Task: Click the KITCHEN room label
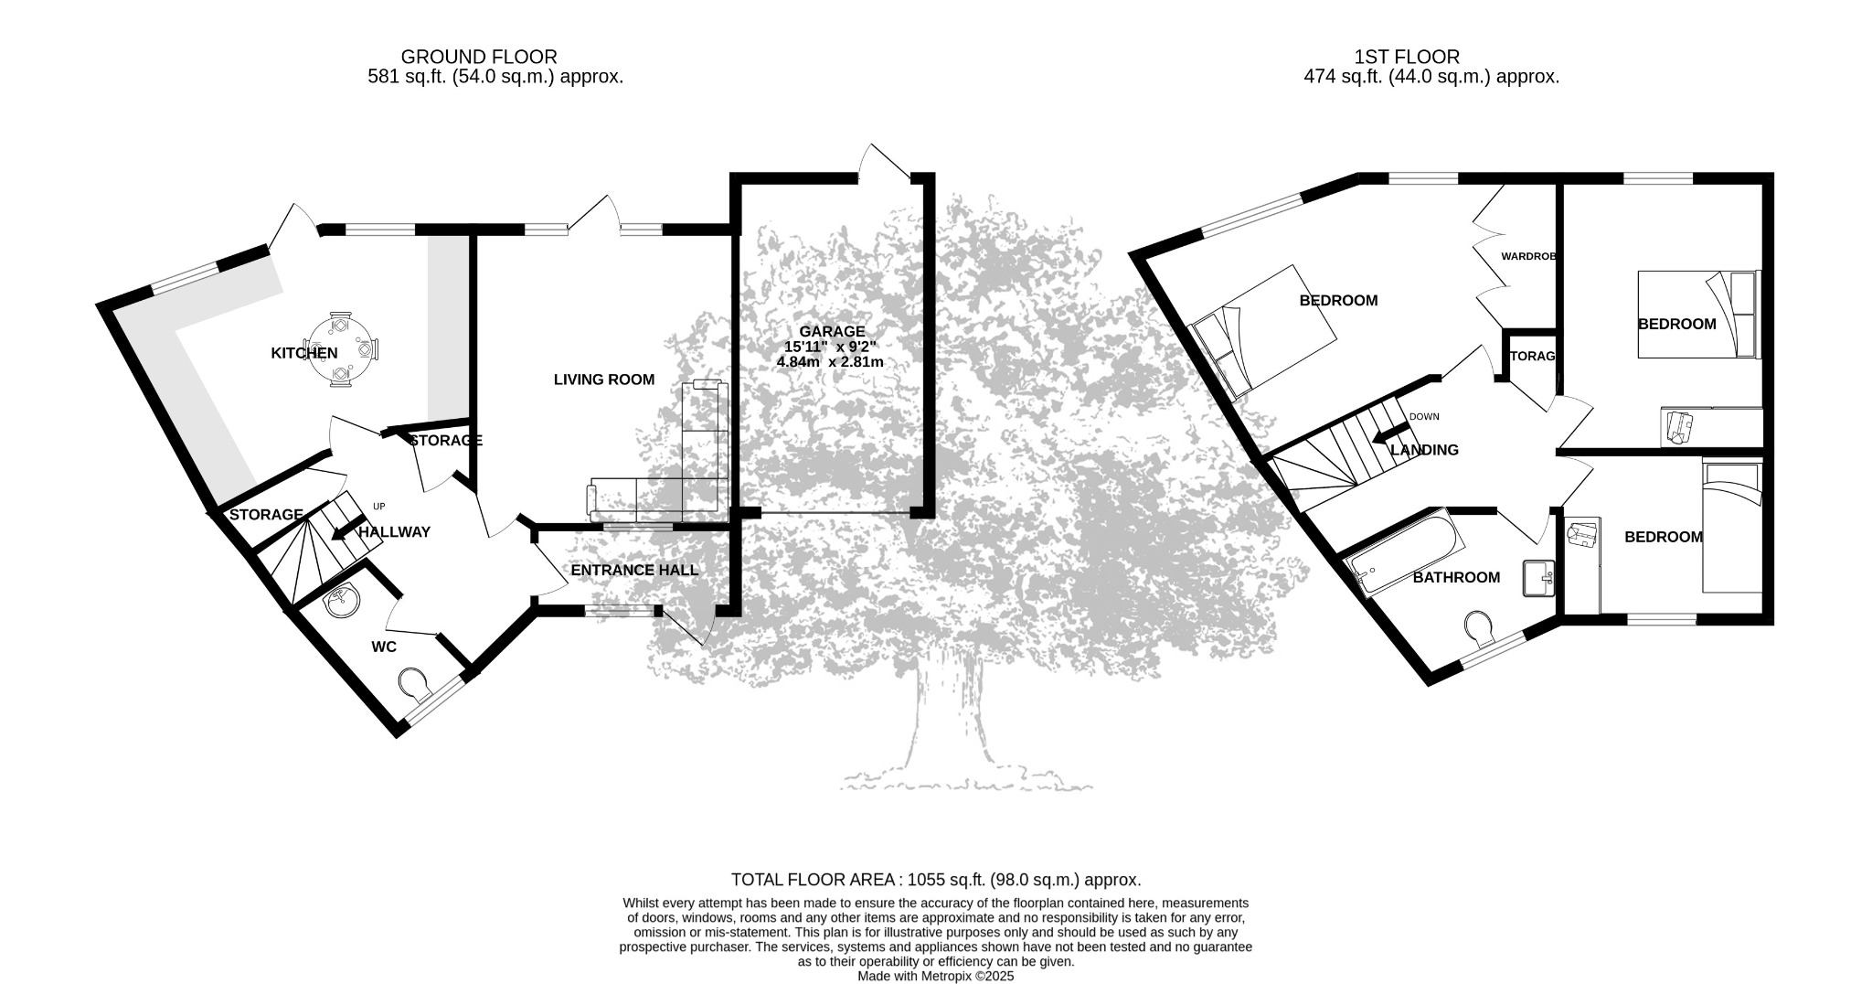point(304,353)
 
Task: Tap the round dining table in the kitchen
point(340,348)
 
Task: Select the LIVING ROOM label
point(604,380)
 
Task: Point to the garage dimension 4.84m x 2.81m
point(830,362)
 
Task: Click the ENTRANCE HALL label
point(634,571)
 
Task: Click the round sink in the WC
point(342,601)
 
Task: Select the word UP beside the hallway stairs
point(379,506)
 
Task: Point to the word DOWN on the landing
point(1424,417)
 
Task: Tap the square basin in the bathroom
point(1539,579)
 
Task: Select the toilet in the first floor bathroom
point(1480,627)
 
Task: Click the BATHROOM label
point(1456,578)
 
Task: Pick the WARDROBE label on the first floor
point(1528,257)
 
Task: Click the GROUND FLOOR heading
point(479,57)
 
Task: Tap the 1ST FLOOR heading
point(1407,57)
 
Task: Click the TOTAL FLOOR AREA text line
point(936,880)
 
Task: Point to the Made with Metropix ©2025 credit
point(935,976)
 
